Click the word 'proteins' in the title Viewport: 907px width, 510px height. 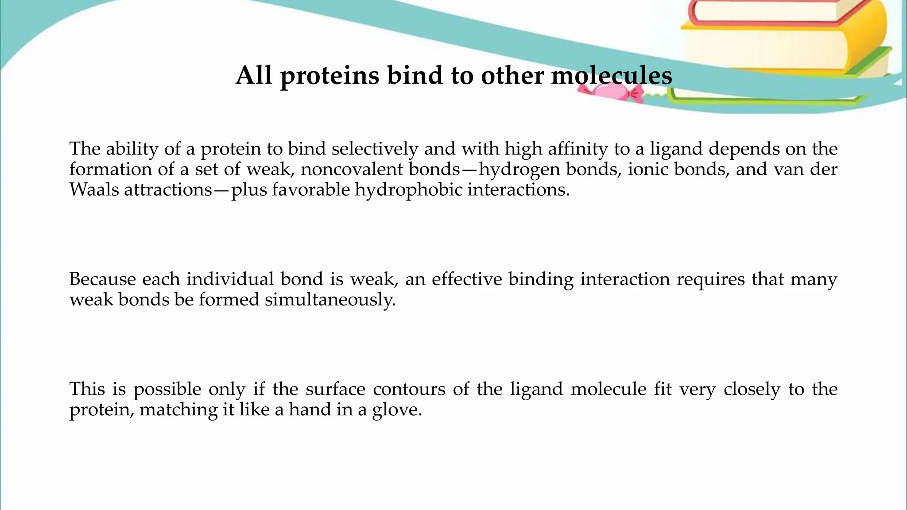coord(329,75)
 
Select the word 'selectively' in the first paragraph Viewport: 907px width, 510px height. coord(375,149)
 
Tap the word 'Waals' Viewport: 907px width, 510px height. coord(94,189)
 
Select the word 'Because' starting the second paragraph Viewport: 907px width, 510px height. coord(102,279)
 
